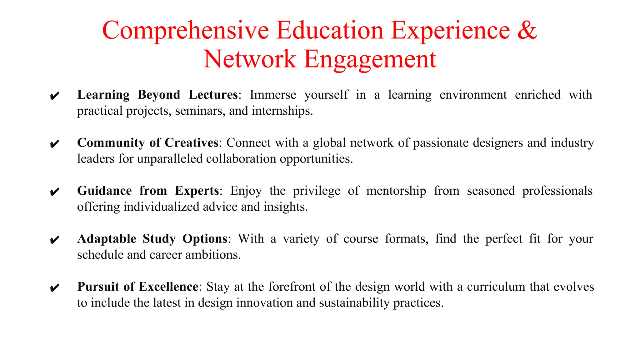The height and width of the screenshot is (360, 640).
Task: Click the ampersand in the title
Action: pos(527,30)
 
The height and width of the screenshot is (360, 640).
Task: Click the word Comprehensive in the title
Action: pos(185,31)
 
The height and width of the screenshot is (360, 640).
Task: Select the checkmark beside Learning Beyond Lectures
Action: pos(54,96)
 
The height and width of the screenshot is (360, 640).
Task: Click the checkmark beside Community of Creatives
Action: pos(54,144)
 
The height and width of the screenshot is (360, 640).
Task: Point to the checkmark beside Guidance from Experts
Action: pos(54,192)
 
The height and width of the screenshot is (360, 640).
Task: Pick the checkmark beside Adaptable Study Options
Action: pos(54,240)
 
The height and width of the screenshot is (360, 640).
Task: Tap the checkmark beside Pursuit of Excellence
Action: pos(54,288)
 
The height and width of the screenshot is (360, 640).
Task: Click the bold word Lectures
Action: pos(213,95)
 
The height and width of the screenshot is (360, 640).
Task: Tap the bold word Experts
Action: pos(197,191)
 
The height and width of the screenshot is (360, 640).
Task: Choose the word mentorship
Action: pos(396,191)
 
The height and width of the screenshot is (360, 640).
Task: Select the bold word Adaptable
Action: pos(107,239)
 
